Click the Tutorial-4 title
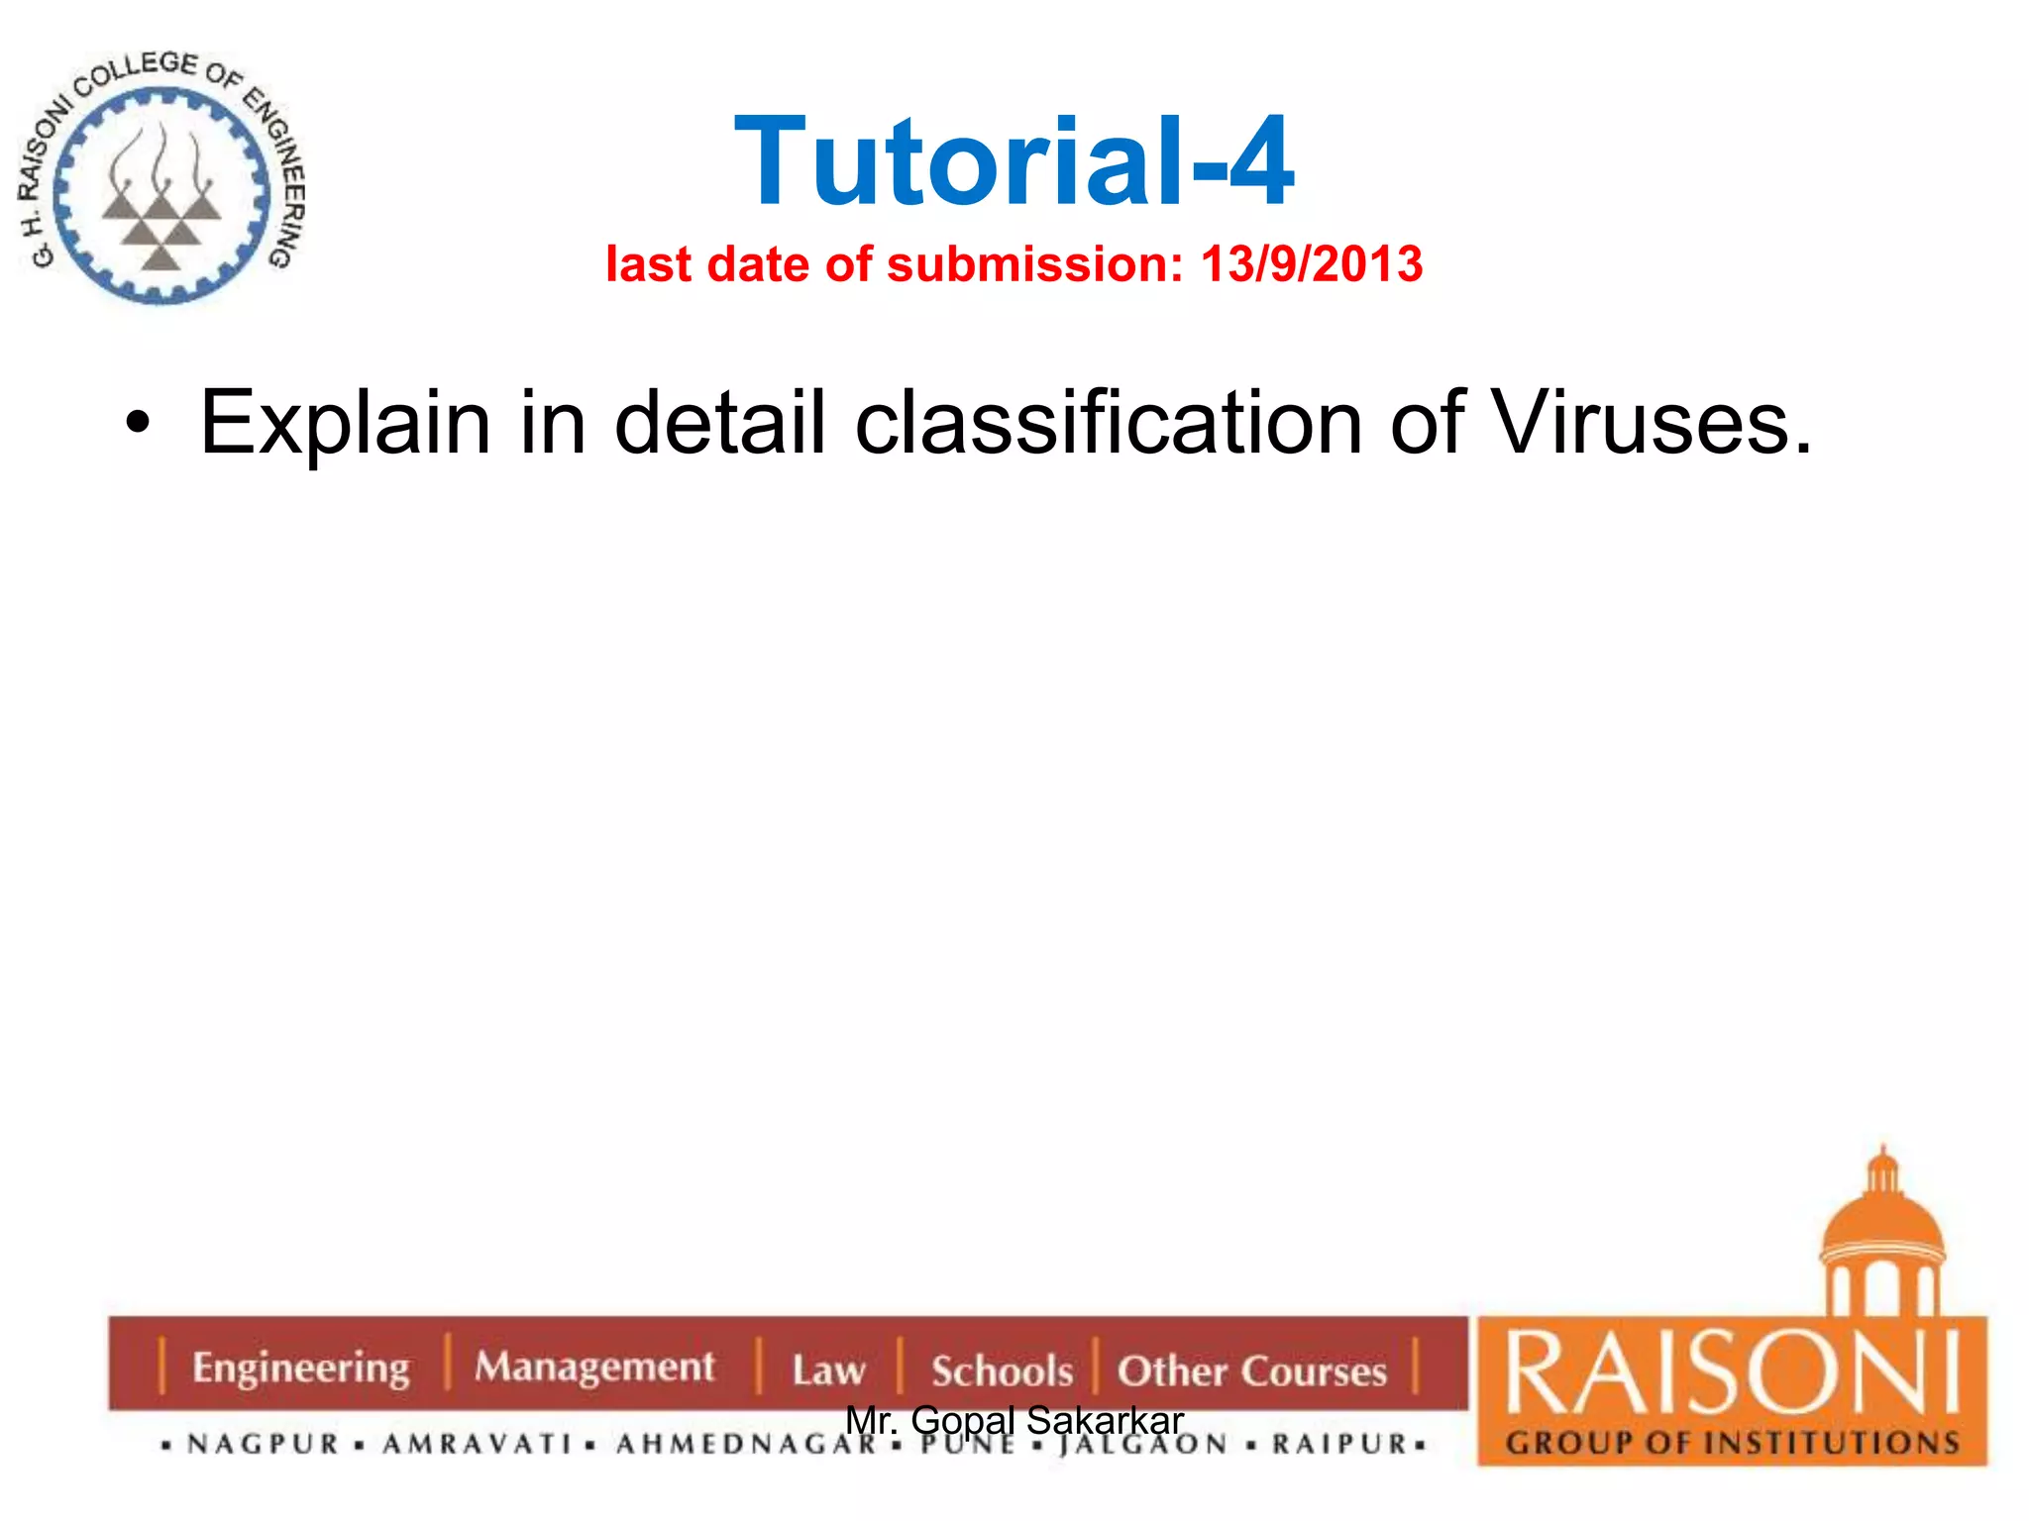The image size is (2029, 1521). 1014,161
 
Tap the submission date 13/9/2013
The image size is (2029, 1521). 1312,264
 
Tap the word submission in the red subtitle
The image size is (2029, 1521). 1034,264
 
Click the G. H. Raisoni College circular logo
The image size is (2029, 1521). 160,178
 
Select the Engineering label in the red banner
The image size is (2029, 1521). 300,1368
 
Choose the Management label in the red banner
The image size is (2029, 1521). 593,1367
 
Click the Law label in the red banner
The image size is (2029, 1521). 828,1370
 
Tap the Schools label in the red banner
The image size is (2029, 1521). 1002,1371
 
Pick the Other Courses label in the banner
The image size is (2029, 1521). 1251,1371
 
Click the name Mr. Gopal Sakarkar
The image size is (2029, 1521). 1014,1420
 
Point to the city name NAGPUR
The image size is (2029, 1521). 264,1444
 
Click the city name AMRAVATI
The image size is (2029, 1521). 478,1444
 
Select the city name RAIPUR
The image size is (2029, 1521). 1339,1444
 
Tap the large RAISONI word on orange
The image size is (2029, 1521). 1732,1373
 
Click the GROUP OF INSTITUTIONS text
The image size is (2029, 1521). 1732,1442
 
